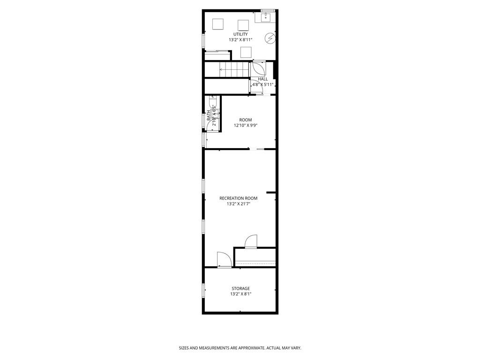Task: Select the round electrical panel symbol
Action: tap(270, 38)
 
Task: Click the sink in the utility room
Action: tap(265, 18)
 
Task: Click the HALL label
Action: tap(262, 79)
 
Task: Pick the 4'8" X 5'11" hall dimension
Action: tap(262, 85)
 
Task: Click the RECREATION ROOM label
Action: tap(238, 198)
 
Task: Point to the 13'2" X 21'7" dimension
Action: tap(238, 204)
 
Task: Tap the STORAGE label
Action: tap(240, 288)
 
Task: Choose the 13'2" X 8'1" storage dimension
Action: tap(240, 294)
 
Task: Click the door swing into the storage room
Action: tap(223, 259)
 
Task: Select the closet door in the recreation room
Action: tap(251, 241)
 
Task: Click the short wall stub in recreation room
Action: tap(270, 192)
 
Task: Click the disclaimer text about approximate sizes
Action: tap(240, 348)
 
